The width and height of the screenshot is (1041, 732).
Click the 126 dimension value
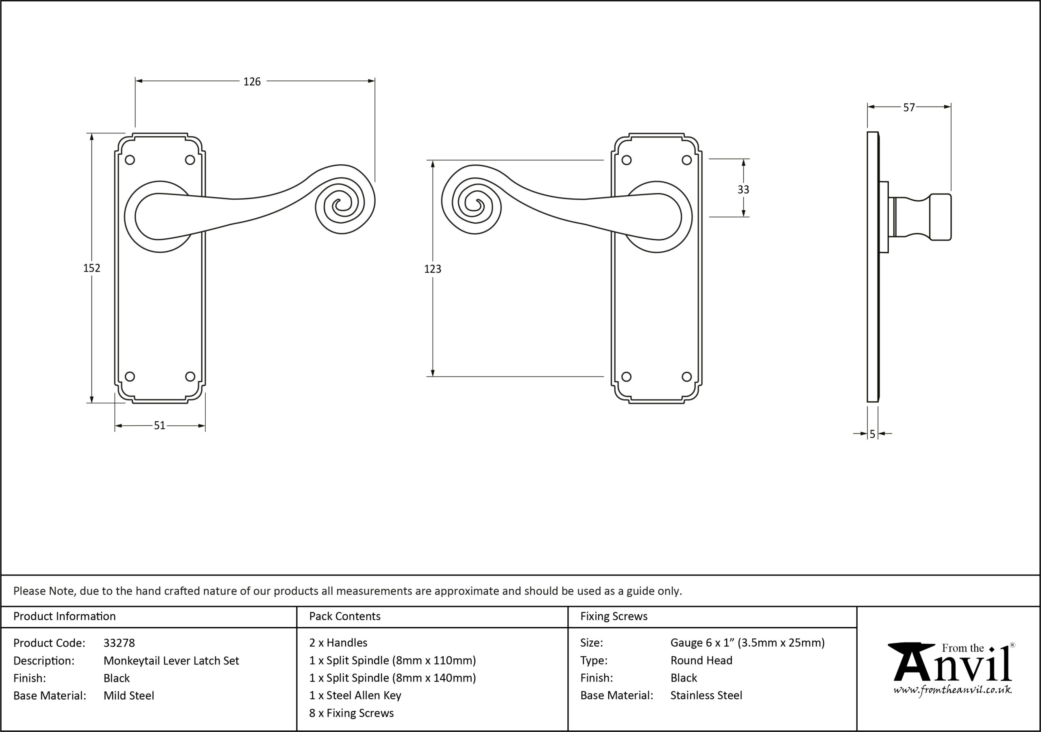[x=252, y=82]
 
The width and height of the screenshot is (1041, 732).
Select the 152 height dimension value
[x=91, y=268]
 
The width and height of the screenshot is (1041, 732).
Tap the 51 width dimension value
[x=159, y=425]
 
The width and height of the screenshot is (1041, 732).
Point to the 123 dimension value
[x=433, y=269]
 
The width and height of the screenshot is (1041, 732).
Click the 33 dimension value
[x=743, y=190]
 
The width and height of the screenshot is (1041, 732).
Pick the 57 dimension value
[x=909, y=107]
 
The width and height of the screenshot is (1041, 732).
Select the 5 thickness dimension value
[x=872, y=434]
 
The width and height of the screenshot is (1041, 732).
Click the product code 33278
[x=119, y=643]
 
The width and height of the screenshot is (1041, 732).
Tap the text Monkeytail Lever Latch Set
[x=171, y=661]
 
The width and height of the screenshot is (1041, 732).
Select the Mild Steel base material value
[x=129, y=696]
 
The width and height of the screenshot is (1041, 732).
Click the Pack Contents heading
[x=344, y=617]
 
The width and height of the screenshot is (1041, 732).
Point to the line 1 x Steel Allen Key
[x=355, y=696]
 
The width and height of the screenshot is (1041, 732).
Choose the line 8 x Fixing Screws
[x=351, y=713]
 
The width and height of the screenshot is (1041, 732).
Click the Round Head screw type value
[x=701, y=661]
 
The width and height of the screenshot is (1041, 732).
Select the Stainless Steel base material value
[x=706, y=696]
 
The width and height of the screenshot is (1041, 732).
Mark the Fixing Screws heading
[x=614, y=617]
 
